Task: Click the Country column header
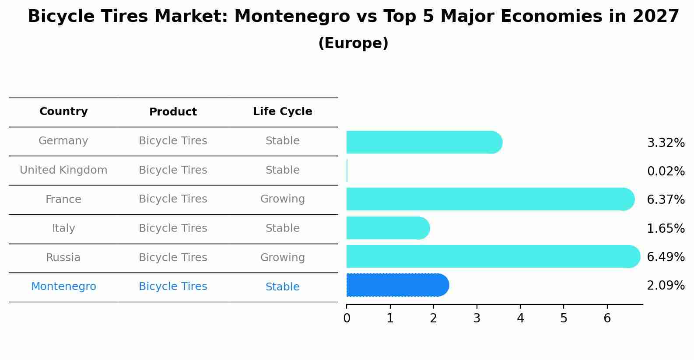(x=63, y=112)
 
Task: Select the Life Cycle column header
(x=282, y=112)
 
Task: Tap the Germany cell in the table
(x=63, y=141)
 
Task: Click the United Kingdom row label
(x=63, y=170)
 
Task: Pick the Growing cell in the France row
(x=282, y=199)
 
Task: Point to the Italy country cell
(x=63, y=228)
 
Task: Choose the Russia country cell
(x=63, y=258)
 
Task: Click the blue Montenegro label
(x=63, y=287)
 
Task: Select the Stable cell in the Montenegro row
(x=282, y=287)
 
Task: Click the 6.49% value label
(x=666, y=257)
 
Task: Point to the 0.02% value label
(x=666, y=171)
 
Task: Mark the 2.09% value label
(x=666, y=286)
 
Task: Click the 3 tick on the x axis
(x=477, y=318)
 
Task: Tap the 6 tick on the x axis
(x=607, y=318)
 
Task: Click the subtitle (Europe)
(x=353, y=43)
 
